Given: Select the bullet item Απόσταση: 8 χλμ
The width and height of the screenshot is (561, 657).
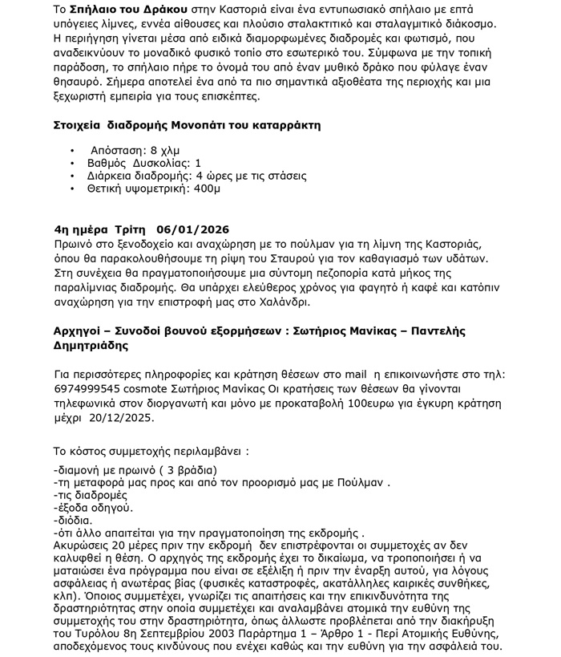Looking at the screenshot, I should pos(135,150).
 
